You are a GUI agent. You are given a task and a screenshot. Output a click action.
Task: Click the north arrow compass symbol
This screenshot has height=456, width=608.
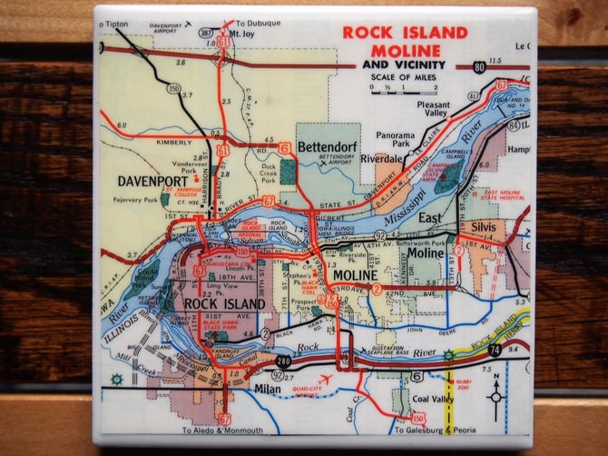click(496, 394)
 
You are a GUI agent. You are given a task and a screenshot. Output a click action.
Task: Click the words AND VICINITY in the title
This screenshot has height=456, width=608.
click(403, 65)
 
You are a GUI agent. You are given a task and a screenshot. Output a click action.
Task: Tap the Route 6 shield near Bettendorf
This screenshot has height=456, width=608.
click(285, 147)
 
